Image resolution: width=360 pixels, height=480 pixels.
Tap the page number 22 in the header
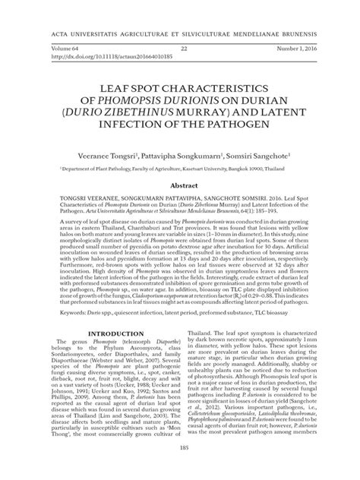[183, 47]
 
